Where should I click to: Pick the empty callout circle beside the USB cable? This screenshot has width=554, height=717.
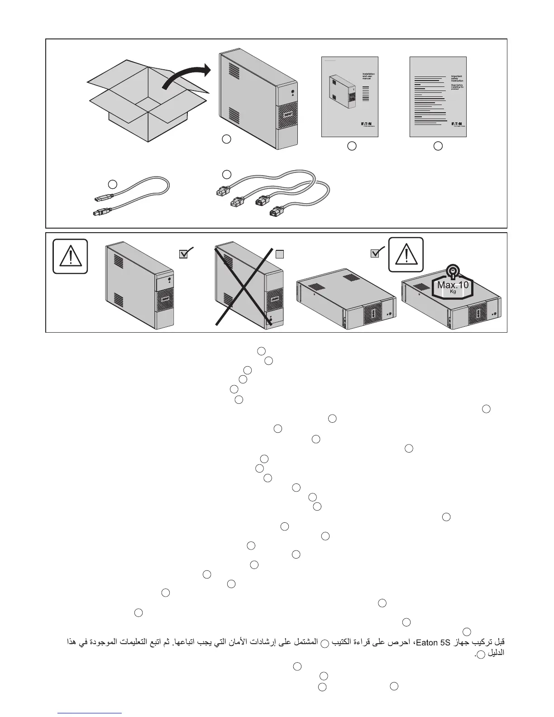113,184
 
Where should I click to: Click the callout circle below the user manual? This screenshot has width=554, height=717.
352,146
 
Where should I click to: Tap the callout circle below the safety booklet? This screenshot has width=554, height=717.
438,146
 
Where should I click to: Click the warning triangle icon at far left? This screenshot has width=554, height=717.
70,257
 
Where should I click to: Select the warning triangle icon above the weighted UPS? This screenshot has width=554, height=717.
406,254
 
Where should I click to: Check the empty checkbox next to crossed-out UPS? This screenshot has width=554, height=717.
280,254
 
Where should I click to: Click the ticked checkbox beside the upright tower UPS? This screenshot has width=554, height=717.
184,254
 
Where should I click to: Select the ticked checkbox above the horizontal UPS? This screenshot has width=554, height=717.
375,254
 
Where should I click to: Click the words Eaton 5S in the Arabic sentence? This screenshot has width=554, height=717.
430,642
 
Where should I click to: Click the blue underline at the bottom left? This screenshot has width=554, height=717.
91,713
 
